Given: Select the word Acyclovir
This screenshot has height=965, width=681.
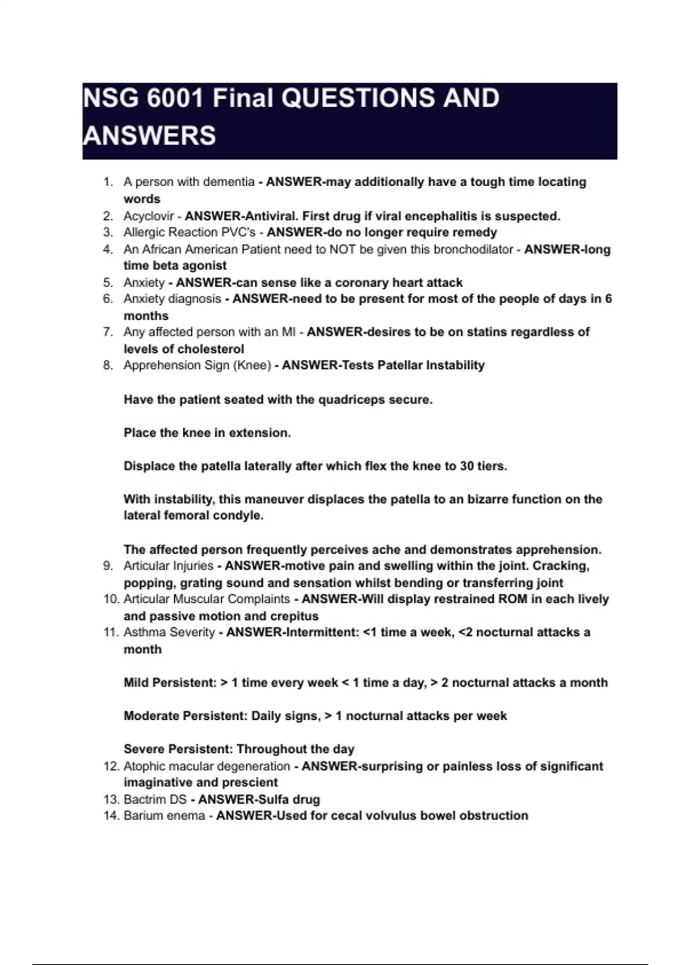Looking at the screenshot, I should [x=149, y=216].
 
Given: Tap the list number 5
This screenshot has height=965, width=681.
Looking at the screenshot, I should [x=108, y=283].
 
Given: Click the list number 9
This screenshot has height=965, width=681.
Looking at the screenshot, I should [x=108, y=566].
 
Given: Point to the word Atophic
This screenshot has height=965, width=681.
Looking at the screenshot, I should [x=146, y=766].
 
